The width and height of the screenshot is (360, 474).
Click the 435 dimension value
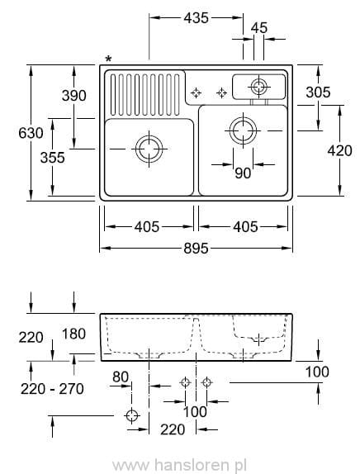pos(197,17)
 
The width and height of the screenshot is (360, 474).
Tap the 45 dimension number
pos(258,27)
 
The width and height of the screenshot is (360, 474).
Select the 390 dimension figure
pos(73,96)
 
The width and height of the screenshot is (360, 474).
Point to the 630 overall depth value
pos(14,132)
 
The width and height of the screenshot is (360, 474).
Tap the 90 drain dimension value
pos(243,173)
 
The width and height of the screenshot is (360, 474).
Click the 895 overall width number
pos(196,248)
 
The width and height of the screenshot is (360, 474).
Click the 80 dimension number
pos(121,377)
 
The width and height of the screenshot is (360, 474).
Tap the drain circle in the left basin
pos(148,149)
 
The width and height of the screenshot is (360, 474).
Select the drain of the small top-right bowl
pos(259,85)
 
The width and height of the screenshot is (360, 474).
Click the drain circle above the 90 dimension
pos(243,129)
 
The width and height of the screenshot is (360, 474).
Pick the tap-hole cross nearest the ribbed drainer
pos(197,92)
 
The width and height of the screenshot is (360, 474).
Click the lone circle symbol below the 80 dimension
pos(131,415)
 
